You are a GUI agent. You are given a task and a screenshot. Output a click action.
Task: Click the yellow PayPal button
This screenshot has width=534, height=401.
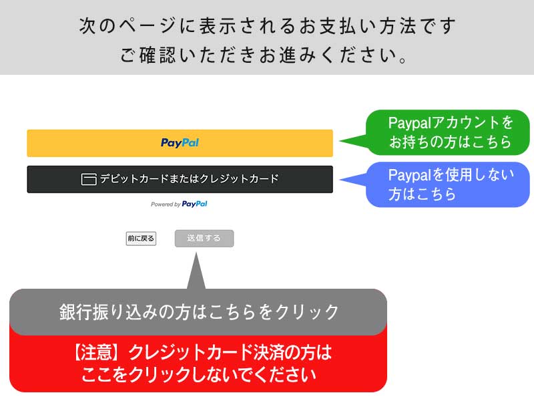pos(180,143)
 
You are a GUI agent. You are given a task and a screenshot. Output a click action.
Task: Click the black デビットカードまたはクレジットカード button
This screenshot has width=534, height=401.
pos(180,179)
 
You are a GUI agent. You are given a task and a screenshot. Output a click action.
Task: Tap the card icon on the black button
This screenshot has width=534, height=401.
pos(89,179)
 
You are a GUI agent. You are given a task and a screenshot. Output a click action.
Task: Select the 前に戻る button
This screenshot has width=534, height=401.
pos(141,239)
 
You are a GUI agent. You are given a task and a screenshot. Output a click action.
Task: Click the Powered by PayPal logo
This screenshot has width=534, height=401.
pos(179,204)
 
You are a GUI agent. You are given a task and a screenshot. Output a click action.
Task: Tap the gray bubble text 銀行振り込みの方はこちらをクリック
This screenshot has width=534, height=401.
pos(199,311)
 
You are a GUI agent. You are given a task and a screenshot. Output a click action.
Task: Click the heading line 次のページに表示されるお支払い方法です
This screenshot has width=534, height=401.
pos(267,27)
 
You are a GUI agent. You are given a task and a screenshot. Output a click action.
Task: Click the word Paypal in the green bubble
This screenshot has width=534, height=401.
pos(410,123)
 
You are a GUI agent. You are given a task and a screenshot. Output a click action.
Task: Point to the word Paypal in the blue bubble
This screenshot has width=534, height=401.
pos(410,175)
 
